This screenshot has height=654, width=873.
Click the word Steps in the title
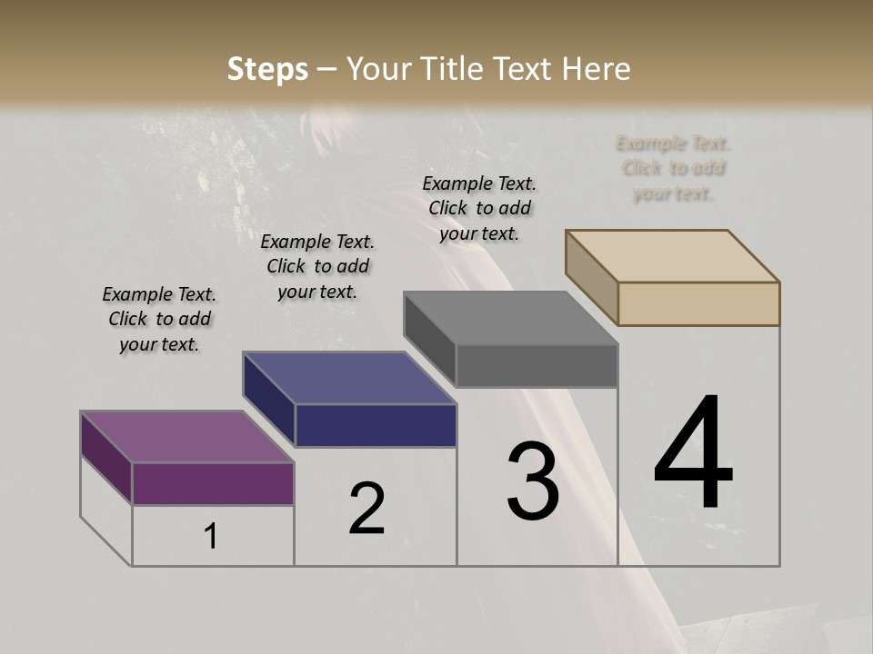point(266,69)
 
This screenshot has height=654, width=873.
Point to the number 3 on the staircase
point(533,481)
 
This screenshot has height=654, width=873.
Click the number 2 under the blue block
point(367,509)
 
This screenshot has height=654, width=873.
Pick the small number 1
point(211,537)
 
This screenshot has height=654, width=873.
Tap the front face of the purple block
point(213,483)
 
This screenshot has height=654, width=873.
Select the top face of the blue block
point(349,378)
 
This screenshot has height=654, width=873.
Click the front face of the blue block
point(376,425)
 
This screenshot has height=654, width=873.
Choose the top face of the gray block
point(510,318)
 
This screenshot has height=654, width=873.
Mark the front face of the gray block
point(537,365)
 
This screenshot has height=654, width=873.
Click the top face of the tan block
point(673,255)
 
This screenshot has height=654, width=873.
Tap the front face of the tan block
point(698,303)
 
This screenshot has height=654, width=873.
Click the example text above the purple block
point(159,319)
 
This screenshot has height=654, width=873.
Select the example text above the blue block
point(317,266)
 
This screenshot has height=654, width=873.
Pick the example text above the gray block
point(479,208)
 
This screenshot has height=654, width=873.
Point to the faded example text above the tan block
point(673,168)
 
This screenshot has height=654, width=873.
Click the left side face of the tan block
point(591,277)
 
